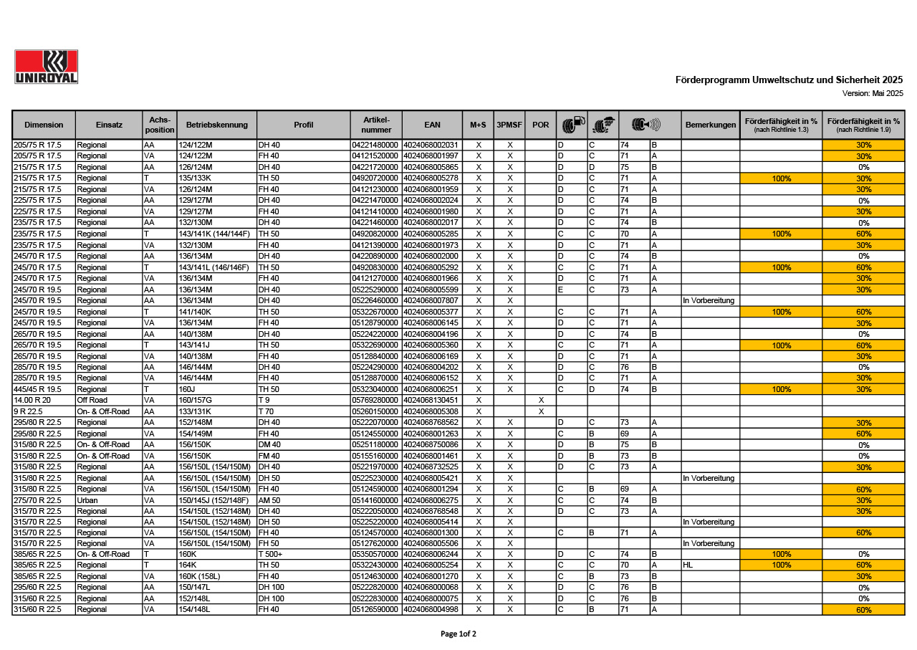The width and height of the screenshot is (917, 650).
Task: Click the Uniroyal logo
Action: coord(46,67)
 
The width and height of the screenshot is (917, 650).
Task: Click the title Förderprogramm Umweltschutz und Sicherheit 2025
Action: coord(789,80)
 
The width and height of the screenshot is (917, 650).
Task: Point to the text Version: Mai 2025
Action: coord(873,93)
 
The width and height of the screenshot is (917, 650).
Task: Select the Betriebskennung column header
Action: coord(216,125)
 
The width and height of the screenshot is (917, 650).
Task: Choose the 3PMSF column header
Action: coord(509,125)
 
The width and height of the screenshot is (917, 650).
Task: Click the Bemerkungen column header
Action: coord(710,125)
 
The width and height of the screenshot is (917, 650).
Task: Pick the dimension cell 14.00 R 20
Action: coord(32,400)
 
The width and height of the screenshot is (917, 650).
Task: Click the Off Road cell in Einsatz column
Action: coord(92,400)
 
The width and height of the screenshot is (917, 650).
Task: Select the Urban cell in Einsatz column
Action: coord(87,500)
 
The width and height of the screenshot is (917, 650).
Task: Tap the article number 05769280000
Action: coord(375,400)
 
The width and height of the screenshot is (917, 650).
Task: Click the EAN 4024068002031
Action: coord(431,145)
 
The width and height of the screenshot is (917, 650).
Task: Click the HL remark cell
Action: coord(688,565)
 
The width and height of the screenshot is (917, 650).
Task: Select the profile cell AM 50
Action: coord(269,500)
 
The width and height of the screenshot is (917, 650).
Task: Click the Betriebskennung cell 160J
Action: coord(187,389)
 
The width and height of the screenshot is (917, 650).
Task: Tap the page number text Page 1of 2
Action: coord(458,634)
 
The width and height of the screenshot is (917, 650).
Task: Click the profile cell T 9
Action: coord(264,400)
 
